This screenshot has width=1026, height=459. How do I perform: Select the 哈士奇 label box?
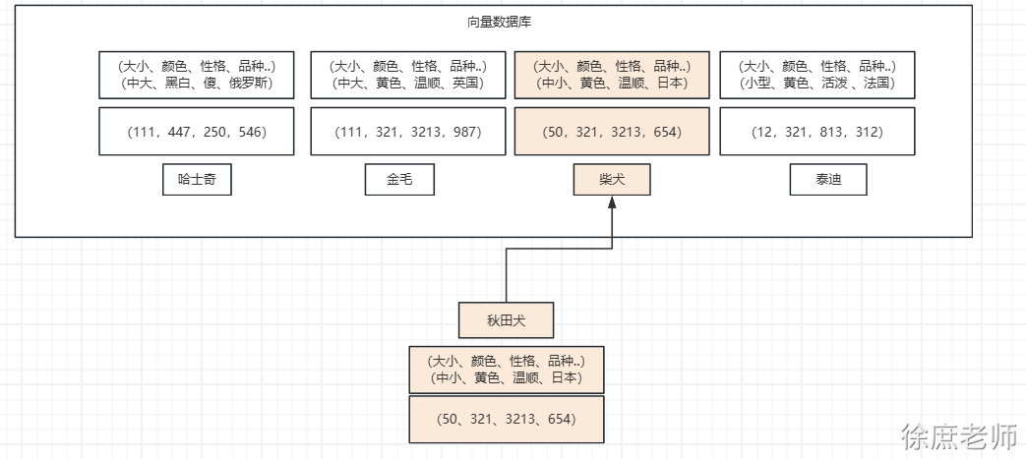point(197,180)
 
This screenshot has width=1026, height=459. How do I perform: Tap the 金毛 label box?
point(398,180)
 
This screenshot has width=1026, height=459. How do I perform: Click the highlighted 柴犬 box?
point(612,180)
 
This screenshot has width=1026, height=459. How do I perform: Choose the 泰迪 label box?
point(827,180)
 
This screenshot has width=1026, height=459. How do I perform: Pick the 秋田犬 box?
point(507,320)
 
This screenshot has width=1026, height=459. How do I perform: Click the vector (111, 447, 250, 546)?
point(197,132)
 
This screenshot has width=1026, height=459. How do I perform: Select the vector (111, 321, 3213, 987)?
point(408,132)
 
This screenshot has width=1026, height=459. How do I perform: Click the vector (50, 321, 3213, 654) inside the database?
point(612,132)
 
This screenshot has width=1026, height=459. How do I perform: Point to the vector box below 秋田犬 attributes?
point(506,420)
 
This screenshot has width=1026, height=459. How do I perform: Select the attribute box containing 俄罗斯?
point(197,75)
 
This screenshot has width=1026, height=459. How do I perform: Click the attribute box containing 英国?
point(408,75)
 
